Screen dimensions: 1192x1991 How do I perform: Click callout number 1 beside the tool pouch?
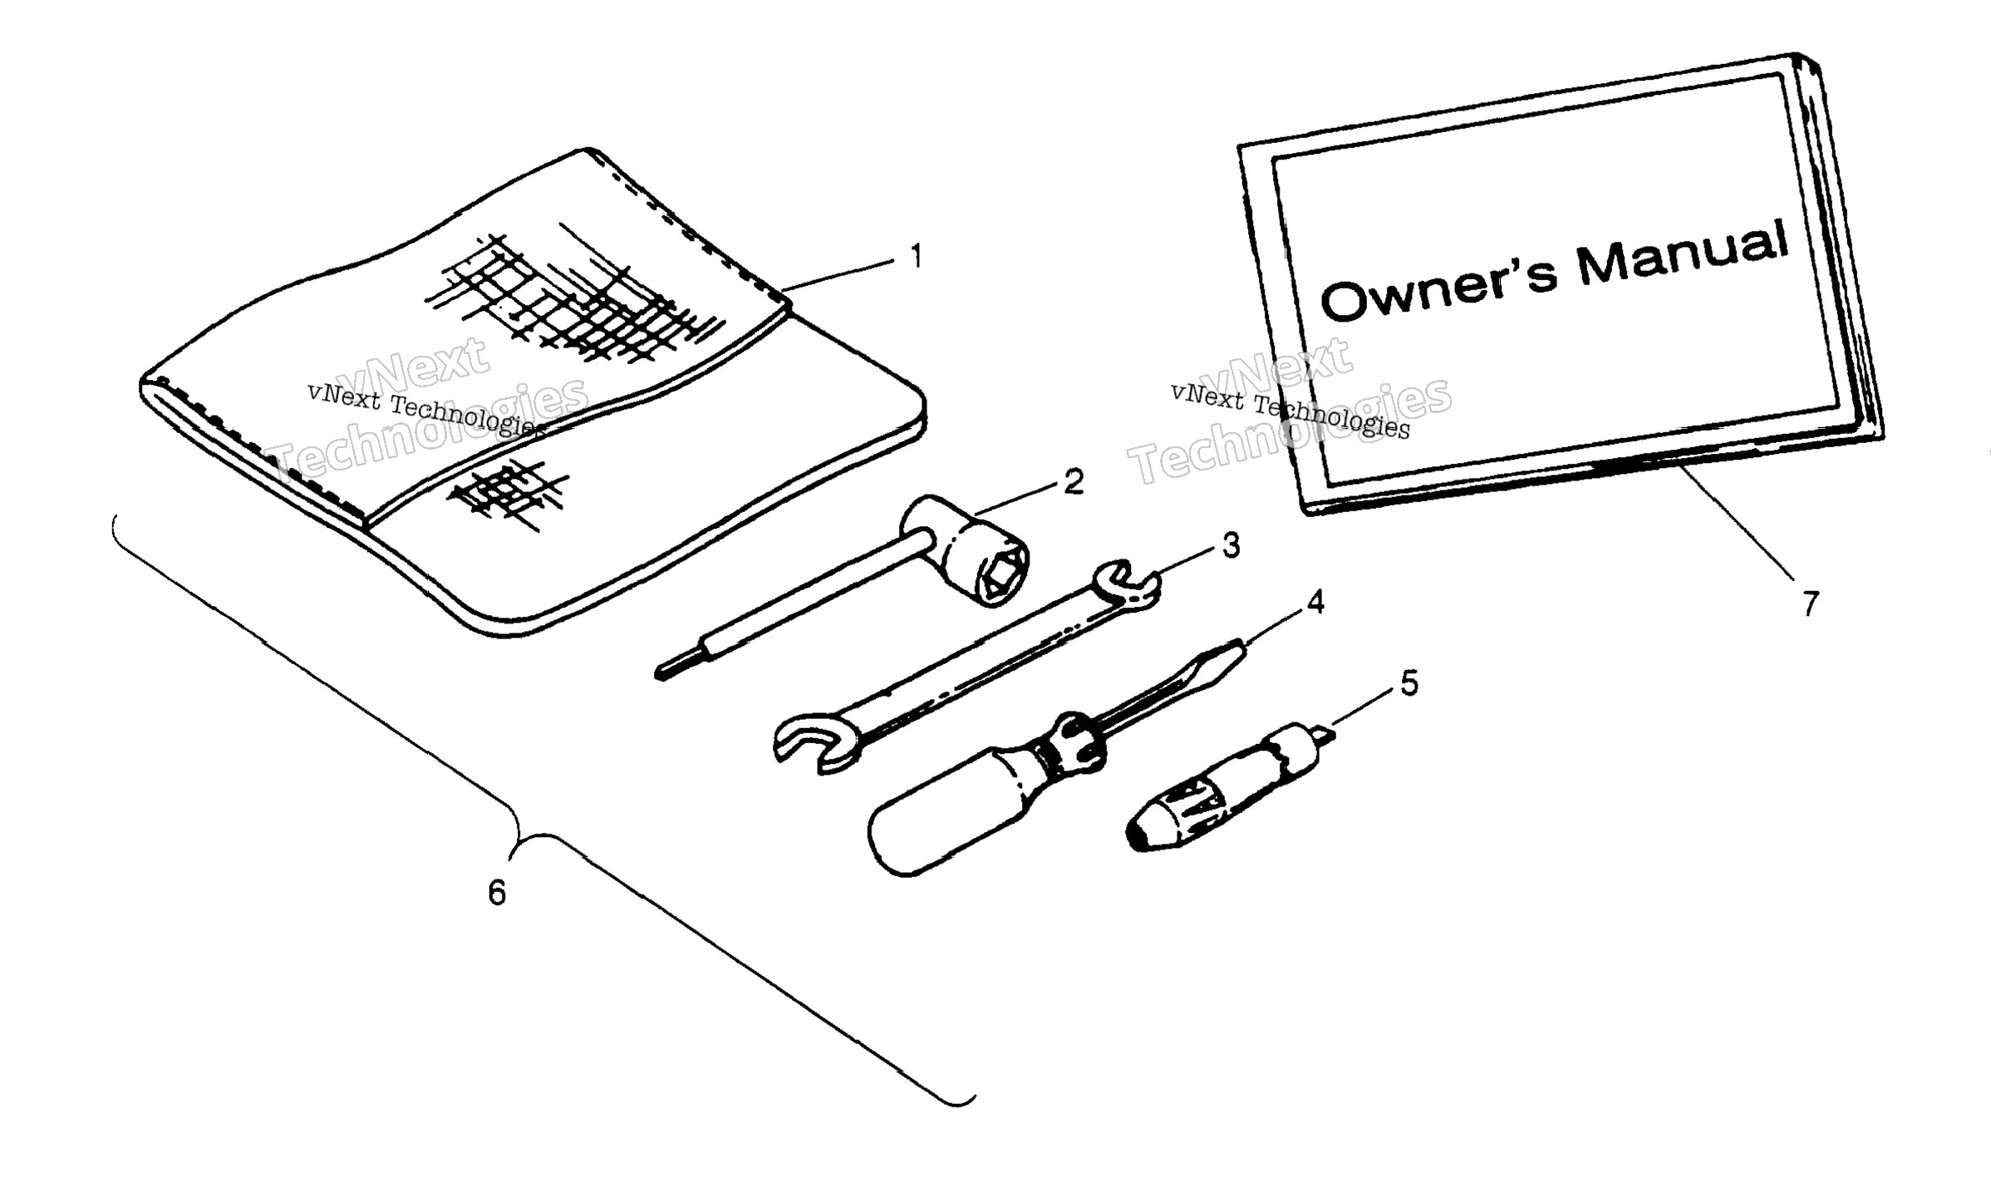click(916, 257)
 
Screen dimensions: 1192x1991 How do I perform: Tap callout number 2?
click(1074, 481)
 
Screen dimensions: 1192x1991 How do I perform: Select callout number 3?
click(1231, 545)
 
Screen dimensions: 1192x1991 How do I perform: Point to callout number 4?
click(1315, 603)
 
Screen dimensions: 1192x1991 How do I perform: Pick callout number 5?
click(1409, 683)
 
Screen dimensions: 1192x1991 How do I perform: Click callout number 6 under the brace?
click(496, 894)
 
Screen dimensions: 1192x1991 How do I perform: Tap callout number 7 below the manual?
click(1811, 603)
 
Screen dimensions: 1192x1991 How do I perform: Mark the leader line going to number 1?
click(839, 275)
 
